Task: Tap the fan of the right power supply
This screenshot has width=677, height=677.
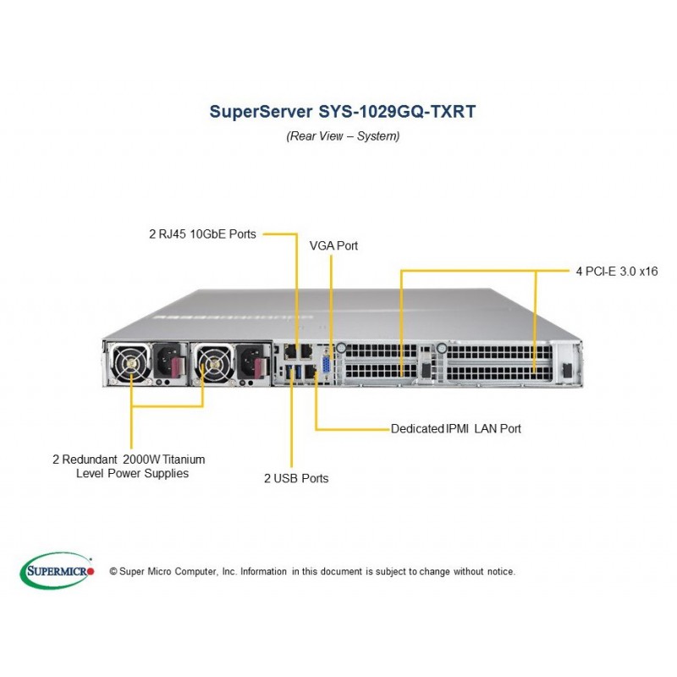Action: coord(213,363)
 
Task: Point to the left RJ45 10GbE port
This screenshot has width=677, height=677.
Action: coord(290,351)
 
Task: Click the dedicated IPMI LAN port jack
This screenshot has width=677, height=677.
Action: coord(311,372)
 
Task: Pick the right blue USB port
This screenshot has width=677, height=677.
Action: coord(298,372)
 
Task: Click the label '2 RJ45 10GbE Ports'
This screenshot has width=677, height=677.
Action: coord(202,234)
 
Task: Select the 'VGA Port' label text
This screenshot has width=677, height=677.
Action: coord(333,245)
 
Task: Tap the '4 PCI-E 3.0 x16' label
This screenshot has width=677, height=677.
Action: coord(617,272)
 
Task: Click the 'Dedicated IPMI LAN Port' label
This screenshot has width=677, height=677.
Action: coord(456,429)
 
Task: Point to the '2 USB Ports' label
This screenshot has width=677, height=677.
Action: coord(296,478)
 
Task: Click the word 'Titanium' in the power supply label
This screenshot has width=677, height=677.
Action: coord(184,460)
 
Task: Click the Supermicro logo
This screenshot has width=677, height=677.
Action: coord(57,570)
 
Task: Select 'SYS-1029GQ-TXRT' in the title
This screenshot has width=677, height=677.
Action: coord(397,112)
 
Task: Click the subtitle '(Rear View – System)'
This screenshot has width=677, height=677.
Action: coord(343,136)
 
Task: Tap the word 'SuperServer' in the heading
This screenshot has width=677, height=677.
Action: coord(261,112)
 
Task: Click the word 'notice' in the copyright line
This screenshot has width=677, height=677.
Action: coord(501,572)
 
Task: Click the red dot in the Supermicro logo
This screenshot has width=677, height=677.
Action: coord(90,571)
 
